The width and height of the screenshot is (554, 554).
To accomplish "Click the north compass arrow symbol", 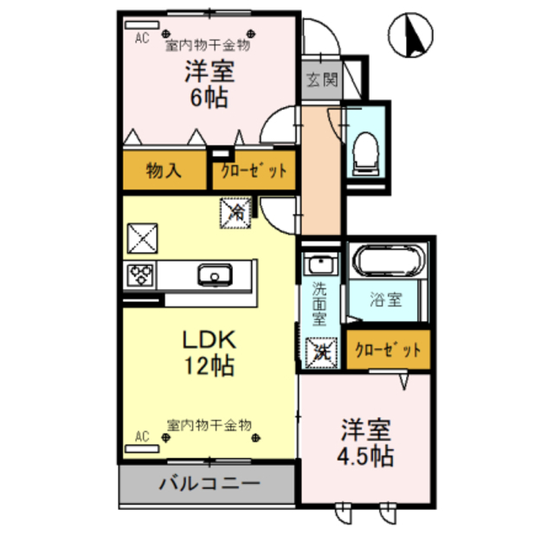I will [410, 36].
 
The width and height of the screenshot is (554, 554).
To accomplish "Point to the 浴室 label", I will [386, 301].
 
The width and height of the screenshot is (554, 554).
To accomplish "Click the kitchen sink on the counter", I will [213, 276].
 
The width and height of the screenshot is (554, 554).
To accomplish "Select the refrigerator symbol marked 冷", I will [236, 210].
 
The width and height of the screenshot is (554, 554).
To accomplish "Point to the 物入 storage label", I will [163, 170].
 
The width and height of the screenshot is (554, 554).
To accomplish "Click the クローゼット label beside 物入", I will [253, 171].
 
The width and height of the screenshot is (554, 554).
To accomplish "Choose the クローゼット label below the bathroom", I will [387, 351].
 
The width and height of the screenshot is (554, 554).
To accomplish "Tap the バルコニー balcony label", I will [207, 483].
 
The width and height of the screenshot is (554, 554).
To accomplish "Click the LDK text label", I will [208, 339].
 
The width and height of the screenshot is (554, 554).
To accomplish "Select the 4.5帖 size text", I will [366, 454].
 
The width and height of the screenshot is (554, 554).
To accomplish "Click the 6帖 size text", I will [208, 97].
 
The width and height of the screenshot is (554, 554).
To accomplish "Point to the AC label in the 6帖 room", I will [142, 38].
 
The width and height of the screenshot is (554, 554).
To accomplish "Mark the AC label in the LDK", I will [142, 438].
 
